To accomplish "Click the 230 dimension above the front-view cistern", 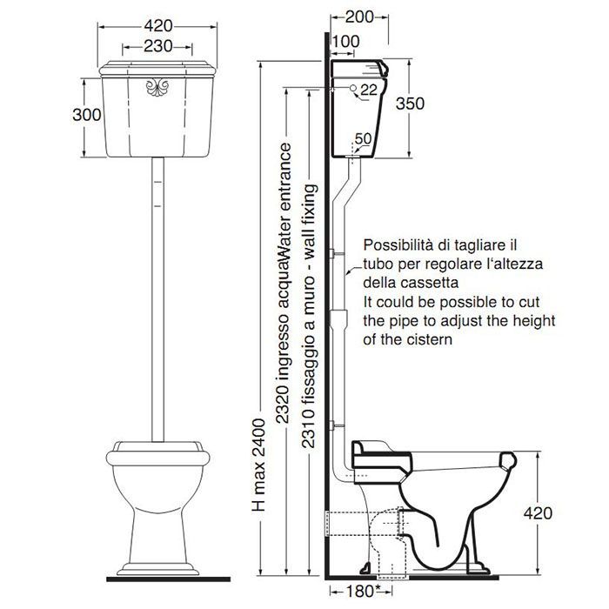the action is tap(157, 46).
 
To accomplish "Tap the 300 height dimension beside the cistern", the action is tap(87, 115).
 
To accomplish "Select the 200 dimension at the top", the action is tap(358, 17).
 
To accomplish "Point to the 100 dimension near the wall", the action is tap(346, 41).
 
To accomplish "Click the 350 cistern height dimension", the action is tap(410, 104).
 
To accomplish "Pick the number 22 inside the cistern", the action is tap(369, 90).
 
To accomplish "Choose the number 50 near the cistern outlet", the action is tap(363, 138).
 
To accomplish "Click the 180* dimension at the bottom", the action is tap(360, 591).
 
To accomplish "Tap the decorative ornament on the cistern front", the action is tap(157, 87).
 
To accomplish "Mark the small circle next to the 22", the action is tap(353, 88).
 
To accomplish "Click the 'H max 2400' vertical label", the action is tap(258, 465).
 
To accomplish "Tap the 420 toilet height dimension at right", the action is tap(538, 513).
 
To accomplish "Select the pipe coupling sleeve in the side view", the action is tap(338, 318).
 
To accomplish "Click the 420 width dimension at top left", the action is tap(158, 26).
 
